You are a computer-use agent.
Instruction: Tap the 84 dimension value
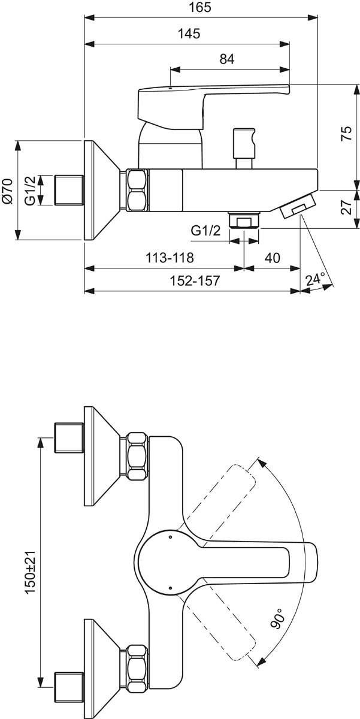pos(227,59)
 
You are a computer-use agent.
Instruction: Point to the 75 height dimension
pos(346,134)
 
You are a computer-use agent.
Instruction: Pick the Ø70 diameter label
pos(8,191)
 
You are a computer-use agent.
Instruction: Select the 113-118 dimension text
pos(170,259)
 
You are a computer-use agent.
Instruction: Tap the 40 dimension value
pos(272,259)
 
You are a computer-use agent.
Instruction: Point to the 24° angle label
pos(315,279)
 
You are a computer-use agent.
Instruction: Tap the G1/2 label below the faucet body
pos(205,230)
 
